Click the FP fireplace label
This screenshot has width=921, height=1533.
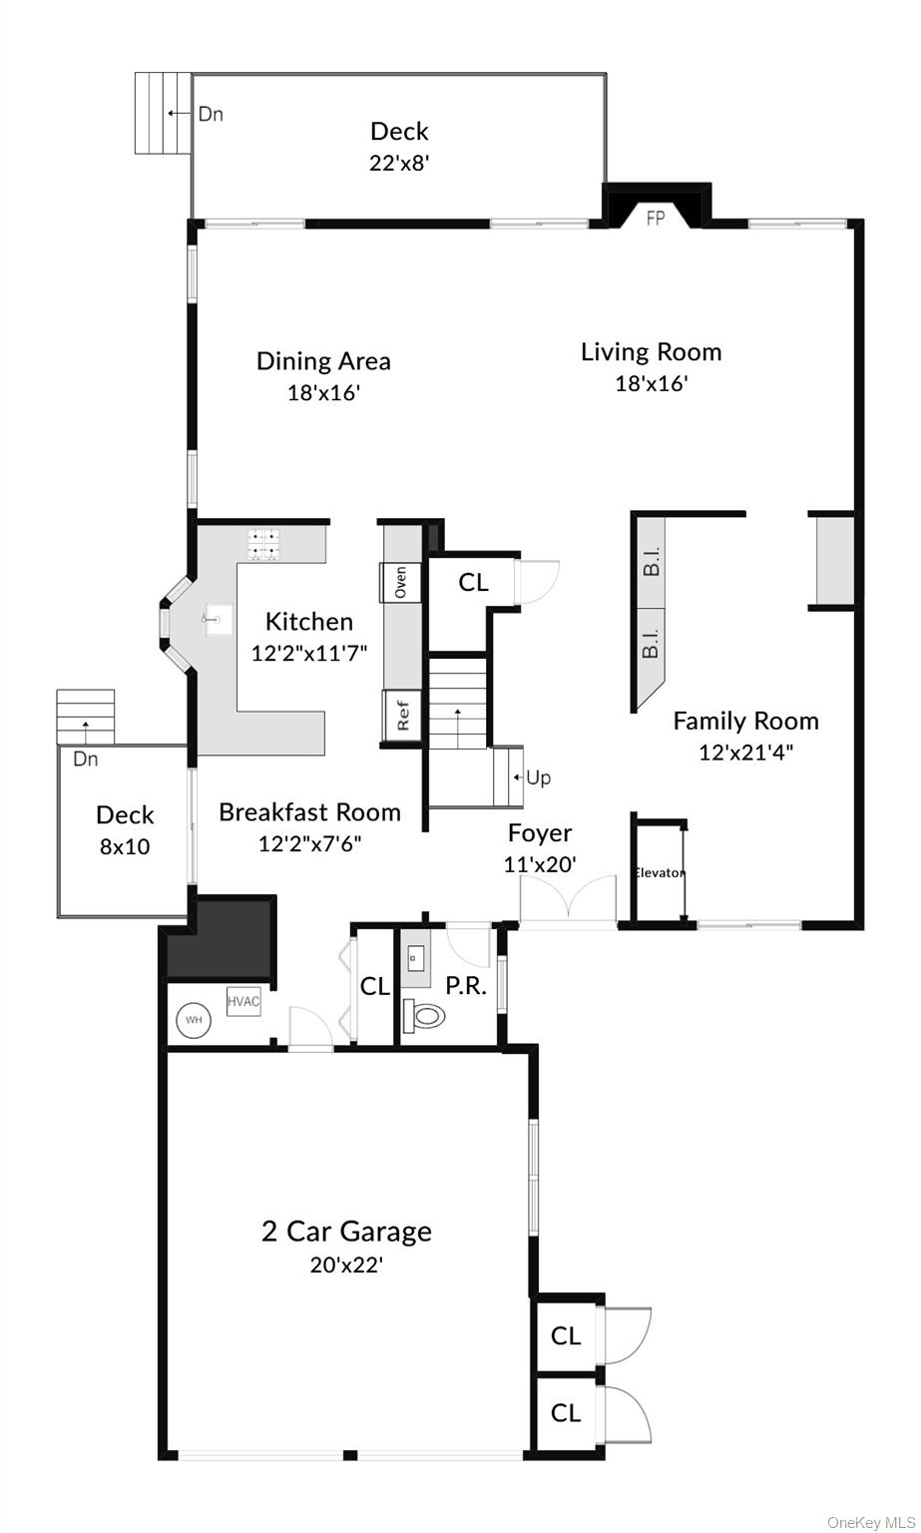656,219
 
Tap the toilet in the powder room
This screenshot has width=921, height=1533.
425,1016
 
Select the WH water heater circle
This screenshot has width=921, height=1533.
194,1020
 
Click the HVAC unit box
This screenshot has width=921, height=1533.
243,1001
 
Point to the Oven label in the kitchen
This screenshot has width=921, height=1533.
400,583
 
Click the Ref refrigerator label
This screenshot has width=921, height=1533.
403,715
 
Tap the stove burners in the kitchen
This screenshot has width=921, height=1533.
262,544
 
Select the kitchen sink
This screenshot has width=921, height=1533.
217,620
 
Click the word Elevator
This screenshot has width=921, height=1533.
660,872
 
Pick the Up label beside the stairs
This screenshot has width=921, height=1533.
539,777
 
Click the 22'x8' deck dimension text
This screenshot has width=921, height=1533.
399,163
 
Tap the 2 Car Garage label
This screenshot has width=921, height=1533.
346,1231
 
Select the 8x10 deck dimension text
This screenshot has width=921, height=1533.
126,847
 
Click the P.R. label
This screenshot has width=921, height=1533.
466,986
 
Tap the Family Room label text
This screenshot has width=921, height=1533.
745,721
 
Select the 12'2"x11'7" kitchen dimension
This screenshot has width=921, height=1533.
309,653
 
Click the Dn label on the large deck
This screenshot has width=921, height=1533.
211,114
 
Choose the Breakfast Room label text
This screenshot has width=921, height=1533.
309,812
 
